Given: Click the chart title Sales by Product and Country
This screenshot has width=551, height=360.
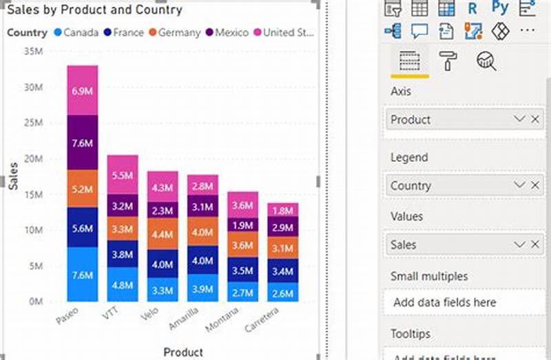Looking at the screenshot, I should pos(94,10).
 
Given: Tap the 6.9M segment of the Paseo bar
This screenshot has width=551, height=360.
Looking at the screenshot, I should pos(83,91).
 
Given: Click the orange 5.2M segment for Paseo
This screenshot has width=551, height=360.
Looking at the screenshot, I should pos(83,189).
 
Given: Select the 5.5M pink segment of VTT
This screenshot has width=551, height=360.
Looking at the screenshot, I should pos(122,175).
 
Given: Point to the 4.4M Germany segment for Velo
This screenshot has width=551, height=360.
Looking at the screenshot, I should pos(163,234).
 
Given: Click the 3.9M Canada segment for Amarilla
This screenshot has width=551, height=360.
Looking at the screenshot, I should pos(202,288).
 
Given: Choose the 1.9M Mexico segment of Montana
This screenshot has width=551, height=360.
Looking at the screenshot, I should pos(242,225).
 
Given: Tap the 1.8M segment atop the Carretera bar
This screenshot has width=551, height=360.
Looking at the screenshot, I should pos(283,211).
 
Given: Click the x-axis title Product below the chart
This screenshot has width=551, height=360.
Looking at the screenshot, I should pos(183,352).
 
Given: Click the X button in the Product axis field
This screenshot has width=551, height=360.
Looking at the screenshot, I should pos(535,119).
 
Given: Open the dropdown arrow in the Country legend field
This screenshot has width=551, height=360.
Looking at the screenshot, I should pos(519,185).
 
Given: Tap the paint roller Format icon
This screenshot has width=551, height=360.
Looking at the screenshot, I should pos(448,61).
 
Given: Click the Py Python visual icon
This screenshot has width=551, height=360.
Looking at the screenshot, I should pos(500,8).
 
